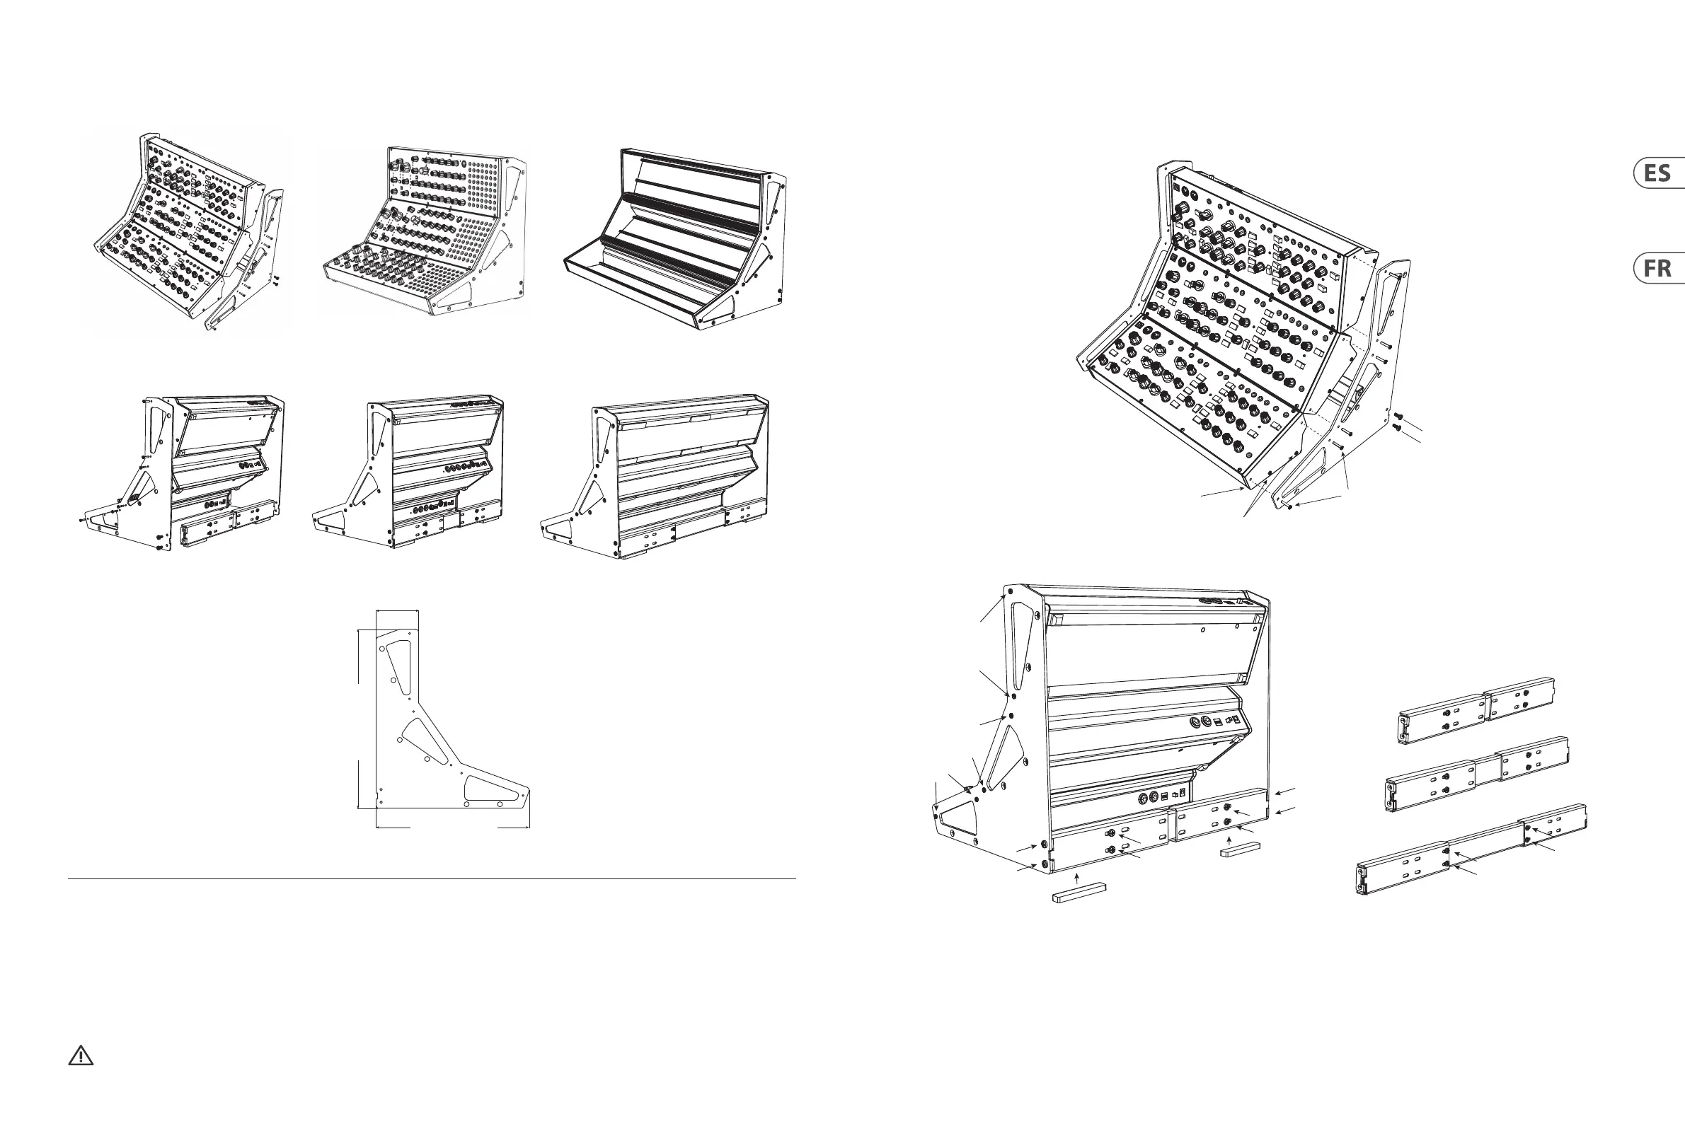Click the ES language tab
pyautogui.click(x=1659, y=173)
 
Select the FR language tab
pyautogui.click(x=1659, y=269)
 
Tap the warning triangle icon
pyautogui.click(x=81, y=1056)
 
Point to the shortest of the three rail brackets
pyautogui.click(x=1476, y=711)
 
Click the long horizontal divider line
pyautogui.click(x=432, y=880)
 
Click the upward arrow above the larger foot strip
pyautogui.click(x=1078, y=878)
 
